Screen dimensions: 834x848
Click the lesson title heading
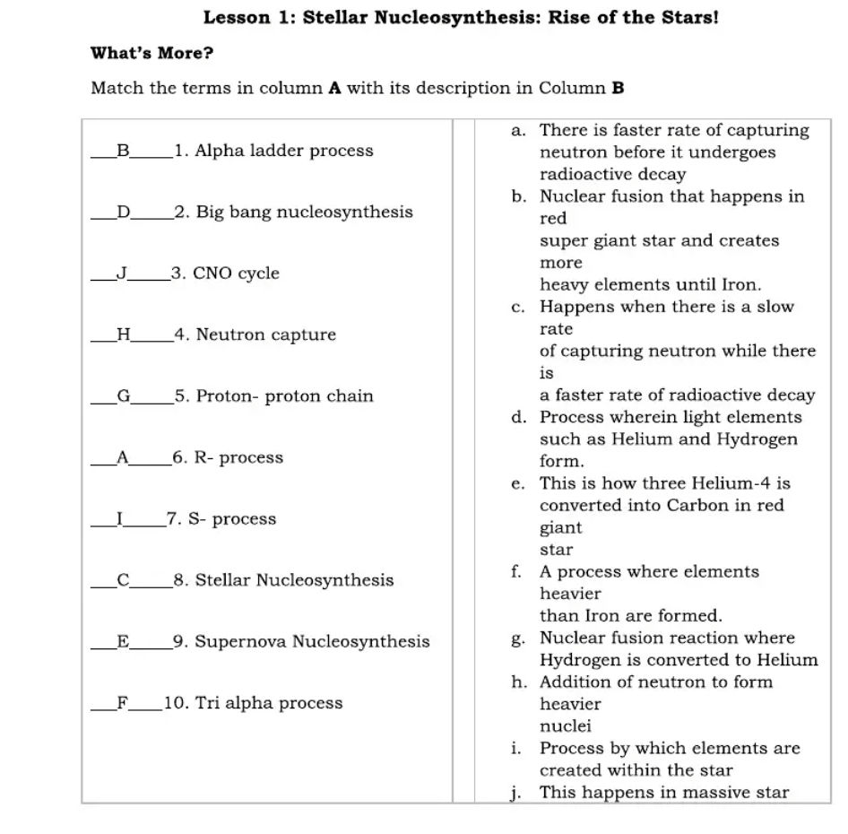click(x=461, y=17)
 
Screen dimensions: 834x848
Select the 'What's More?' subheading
click(x=151, y=53)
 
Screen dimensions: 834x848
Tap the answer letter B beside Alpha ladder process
click(x=124, y=151)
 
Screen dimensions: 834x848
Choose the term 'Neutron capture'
click(x=266, y=335)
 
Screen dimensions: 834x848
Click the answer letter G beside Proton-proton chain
click(x=124, y=396)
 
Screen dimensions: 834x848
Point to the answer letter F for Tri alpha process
click(x=122, y=703)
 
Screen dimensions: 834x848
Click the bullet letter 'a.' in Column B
click(x=518, y=131)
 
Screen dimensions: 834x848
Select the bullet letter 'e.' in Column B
click(x=518, y=484)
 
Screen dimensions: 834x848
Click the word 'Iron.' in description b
click(x=740, y=285)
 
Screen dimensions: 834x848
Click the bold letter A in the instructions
click(x=336, y=88)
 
